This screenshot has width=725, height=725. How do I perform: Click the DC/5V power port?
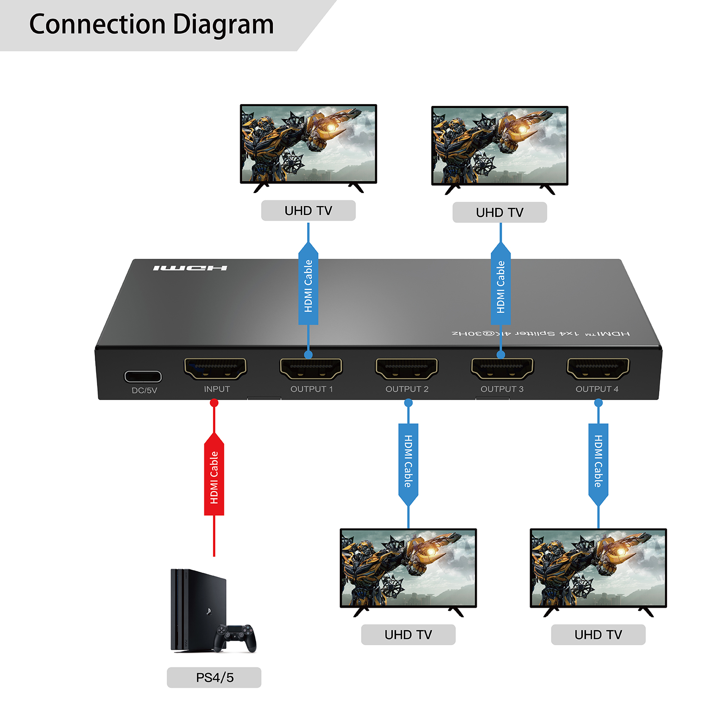(143, 377)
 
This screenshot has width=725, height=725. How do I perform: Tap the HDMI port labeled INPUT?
(215, 368)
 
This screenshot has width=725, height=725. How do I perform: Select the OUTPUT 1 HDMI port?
(311, 368)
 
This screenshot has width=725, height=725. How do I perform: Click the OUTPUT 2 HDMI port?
(406, 368)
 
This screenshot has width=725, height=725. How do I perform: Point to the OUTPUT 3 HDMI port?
(502, 368)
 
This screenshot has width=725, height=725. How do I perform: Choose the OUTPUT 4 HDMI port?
(598, 368)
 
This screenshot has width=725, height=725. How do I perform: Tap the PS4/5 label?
(214, 677)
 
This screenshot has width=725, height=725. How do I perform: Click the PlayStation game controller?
(235, 637)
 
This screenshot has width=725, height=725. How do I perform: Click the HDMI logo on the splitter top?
(190, 268)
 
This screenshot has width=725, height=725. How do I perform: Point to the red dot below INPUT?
(214, 403)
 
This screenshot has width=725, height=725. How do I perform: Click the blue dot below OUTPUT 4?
(598, 403)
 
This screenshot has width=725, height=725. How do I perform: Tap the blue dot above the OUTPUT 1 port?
(309, 355)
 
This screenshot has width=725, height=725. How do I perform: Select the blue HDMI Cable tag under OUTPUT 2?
(408, 462)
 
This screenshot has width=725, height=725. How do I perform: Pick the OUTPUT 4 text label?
(597, 389)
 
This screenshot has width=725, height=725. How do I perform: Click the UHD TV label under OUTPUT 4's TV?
(598, 635)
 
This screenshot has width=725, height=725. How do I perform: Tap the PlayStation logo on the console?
(208, 611)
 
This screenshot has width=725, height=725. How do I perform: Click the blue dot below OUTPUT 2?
(408, 403)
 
